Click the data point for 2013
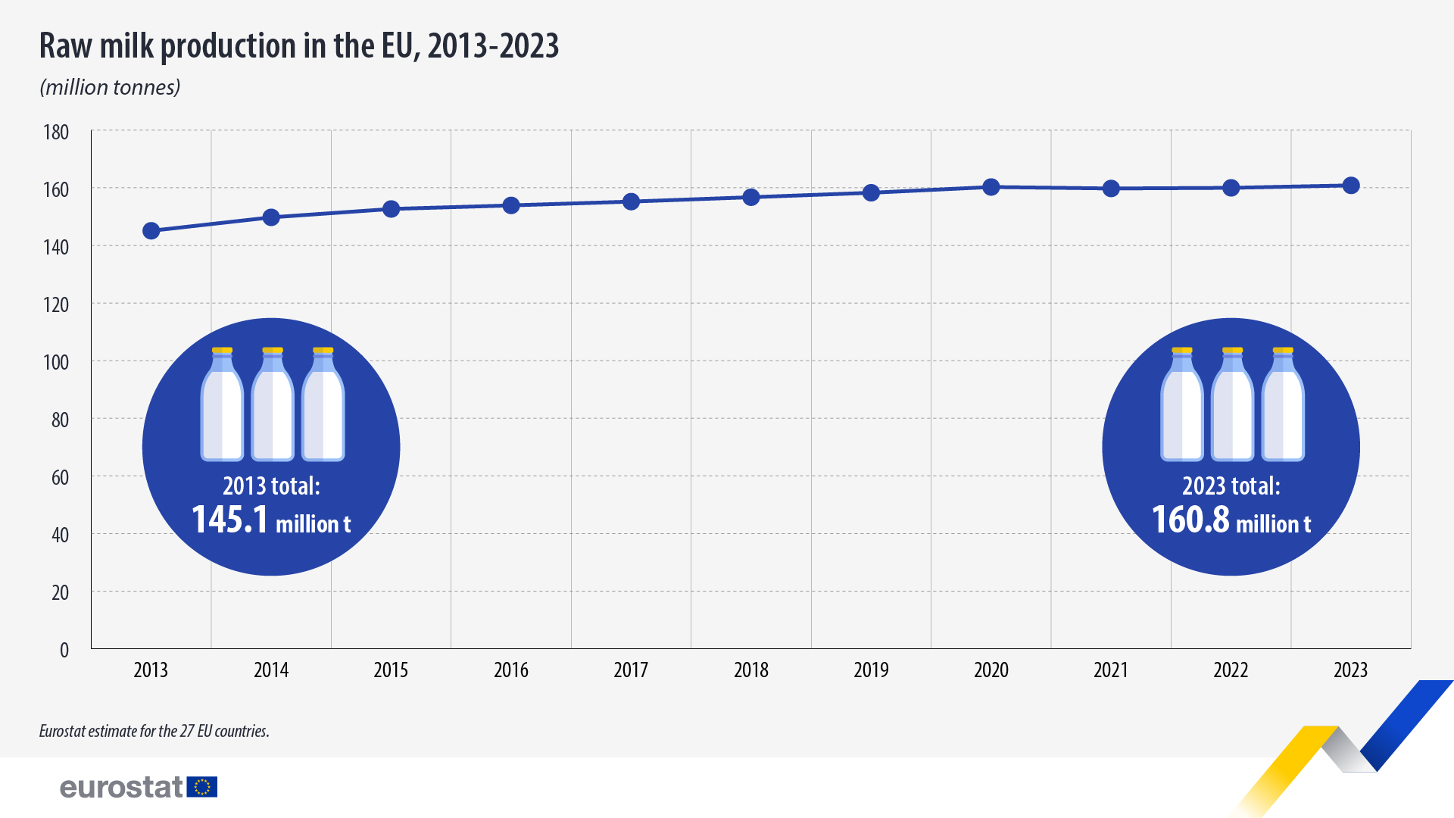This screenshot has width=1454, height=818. tap(151, 231)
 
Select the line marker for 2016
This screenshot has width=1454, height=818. tap(511, 206)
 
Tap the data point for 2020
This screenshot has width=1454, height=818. tap(991, 187)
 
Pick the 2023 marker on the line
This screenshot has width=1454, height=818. tap(1351, 186)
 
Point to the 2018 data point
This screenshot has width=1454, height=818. tap(751, 198)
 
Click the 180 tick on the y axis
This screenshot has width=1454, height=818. tap(56, 133)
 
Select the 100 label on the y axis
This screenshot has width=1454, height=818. tap(56, 362)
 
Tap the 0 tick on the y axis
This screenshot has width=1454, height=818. tap(64, 650)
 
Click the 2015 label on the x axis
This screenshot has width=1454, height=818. tap(391, 670)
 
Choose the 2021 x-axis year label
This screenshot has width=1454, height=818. tap(1111, 670)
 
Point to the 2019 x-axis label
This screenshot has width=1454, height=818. tap(871, 670)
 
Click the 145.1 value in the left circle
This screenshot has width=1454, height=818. tap(229, 520)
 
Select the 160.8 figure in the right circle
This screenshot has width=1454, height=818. tap(1190, 520)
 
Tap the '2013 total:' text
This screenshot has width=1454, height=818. tap(271, 486)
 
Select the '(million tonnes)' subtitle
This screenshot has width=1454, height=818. tap(110, 88)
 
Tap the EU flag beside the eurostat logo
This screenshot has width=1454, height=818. tap(202, 787)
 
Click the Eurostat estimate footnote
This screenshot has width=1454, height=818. tap(154, 732)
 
